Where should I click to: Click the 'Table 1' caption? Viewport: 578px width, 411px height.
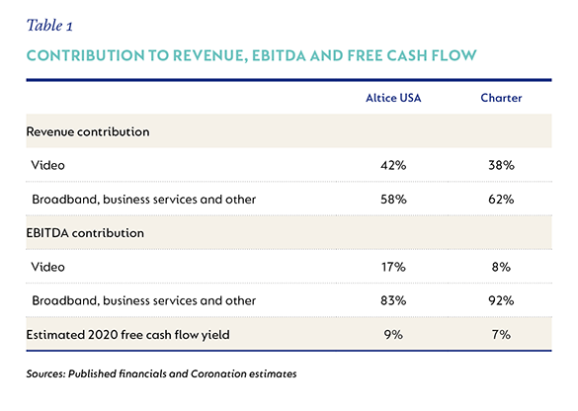(49, 26)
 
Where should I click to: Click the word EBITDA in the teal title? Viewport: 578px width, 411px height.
(279, 55)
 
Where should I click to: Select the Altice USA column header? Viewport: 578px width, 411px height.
(393, 98)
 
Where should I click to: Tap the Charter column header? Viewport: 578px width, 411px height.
(501, 98)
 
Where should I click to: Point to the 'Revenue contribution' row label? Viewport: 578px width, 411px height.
(88, 131)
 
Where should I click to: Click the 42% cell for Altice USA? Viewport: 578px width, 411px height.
(393, 165)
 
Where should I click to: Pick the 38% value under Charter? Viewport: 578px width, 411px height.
(501, 165)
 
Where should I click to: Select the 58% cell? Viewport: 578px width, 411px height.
(393, 199)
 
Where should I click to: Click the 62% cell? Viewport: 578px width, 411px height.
(501, 199)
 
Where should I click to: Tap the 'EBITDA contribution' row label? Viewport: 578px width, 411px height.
(85, 233)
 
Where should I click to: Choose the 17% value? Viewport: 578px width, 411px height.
(393, 267)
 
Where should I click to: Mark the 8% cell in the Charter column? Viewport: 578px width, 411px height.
(501, 267)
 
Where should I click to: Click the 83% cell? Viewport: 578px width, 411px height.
(393, 300)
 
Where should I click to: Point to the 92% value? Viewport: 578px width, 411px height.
(501, 300)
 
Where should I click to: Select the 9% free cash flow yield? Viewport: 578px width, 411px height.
(393, 334)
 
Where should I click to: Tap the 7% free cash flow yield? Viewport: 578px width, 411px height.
(501, 334)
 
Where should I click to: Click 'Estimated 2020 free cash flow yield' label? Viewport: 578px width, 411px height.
(127, 335)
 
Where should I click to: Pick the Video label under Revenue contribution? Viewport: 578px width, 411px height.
(48, 165)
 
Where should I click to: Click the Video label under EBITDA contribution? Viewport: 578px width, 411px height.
(48, 267)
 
